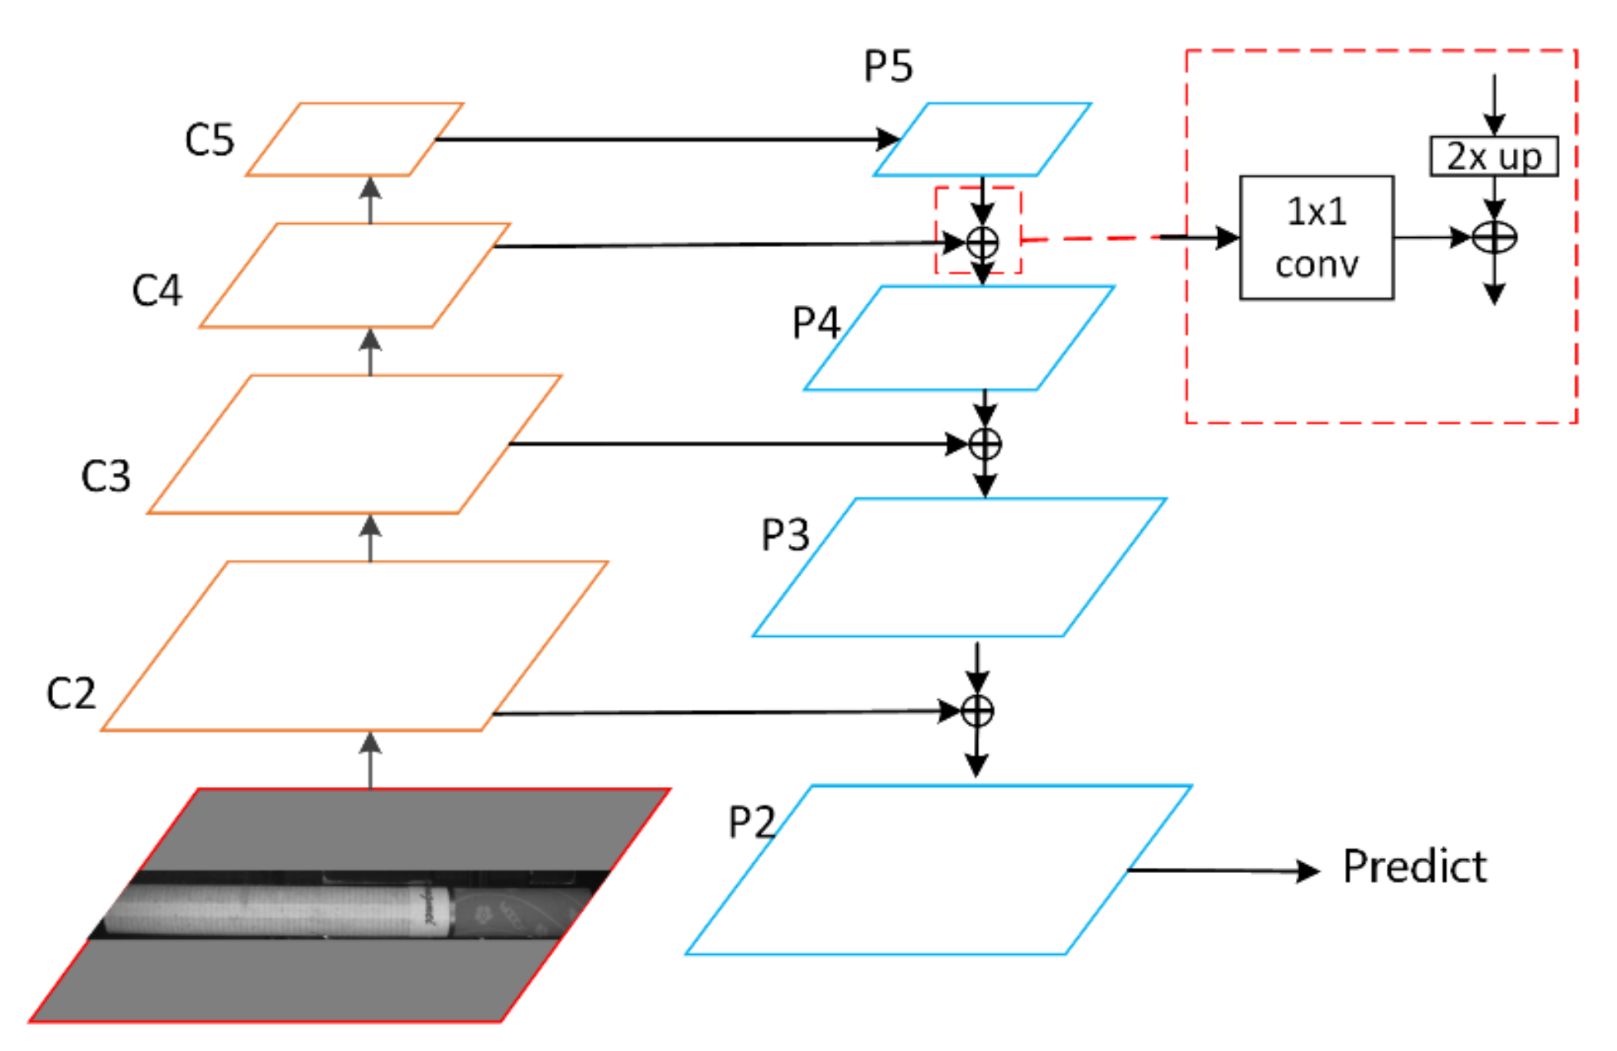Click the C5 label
(209, 140)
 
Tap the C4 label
(157, 291)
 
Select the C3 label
(105, 476)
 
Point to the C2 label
(71, 693)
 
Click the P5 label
(888, 66)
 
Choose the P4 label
(815, 323)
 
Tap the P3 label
(785, 534)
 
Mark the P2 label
(752, 822)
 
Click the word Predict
(1414, 867)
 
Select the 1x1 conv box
(1316, 237)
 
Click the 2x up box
(1493, 157)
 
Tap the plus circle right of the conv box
(1494, 237)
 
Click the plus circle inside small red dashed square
(983, 243)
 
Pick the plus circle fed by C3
(985, 444)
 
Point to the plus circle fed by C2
(977, 711)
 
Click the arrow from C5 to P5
(662, 139)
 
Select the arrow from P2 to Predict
(1224, 871)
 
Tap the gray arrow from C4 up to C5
(370, 200)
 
